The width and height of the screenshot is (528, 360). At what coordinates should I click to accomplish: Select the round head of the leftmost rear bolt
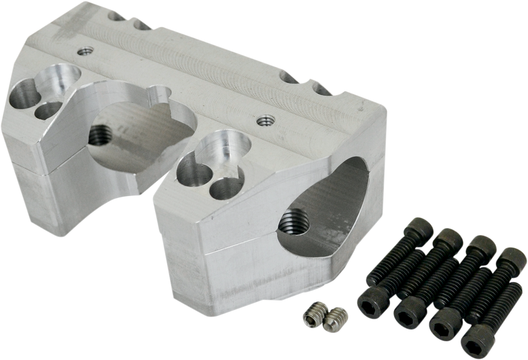(418, 230)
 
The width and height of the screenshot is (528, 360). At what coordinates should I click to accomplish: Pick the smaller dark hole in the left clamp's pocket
(47, 111)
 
